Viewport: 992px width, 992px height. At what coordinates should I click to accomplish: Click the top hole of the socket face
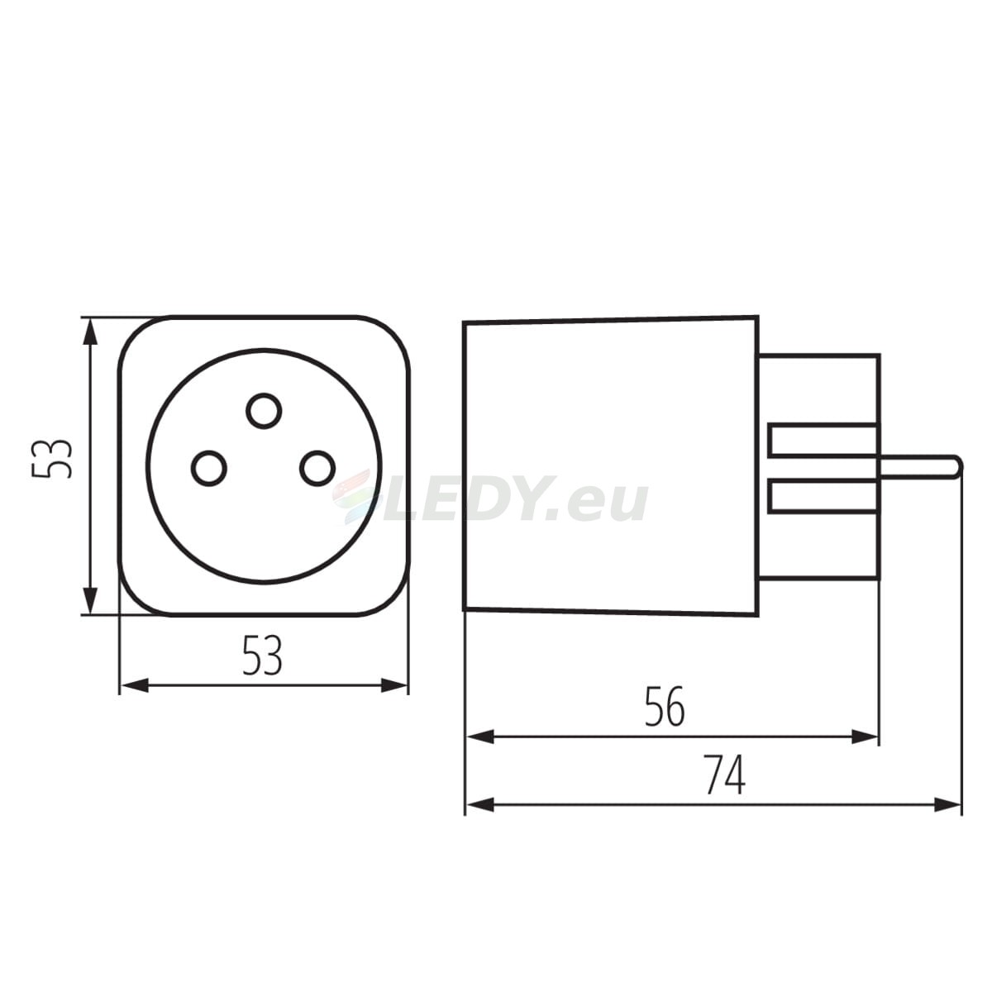pyautogui.click(x=264, y=411)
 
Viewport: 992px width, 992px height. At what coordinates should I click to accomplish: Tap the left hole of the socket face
pyautogui.click(x=208, y=468)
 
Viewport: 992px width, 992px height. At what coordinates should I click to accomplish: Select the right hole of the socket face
pyautogui.click(x=317, y=468)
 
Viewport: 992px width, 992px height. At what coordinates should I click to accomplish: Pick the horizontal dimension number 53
pyautogui.click(x=263, y=656)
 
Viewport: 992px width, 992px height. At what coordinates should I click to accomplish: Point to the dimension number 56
pyautogui.click(x=665, y=707)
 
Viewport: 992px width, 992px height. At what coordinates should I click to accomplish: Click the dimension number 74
pyautogui.click(x=724, y=775)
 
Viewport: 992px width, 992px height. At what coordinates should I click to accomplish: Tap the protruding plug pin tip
pyautogui.click(x=956, y=467)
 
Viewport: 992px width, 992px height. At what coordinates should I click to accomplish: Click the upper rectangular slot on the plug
pyautogui.click(x=822, y=440)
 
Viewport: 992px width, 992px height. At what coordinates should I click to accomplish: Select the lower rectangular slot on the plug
pyautogui.click(x=822, y=496)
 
